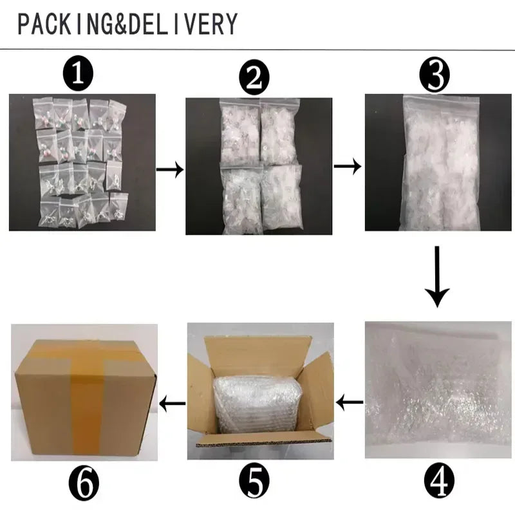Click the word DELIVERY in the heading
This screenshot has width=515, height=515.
183,24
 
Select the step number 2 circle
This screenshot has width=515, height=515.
254,78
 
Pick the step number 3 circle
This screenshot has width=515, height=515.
435,75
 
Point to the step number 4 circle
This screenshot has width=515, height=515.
439,482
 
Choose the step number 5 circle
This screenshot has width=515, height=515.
254,482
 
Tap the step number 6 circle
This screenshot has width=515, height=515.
84,482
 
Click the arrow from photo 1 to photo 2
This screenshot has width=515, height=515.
170,169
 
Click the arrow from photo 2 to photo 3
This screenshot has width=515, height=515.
348,166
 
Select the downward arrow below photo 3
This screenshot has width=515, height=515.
437,277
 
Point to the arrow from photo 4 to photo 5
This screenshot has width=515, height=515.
350,402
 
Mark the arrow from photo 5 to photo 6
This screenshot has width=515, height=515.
173,403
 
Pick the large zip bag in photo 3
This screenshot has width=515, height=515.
441,163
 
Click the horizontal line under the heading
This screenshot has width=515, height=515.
257,50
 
